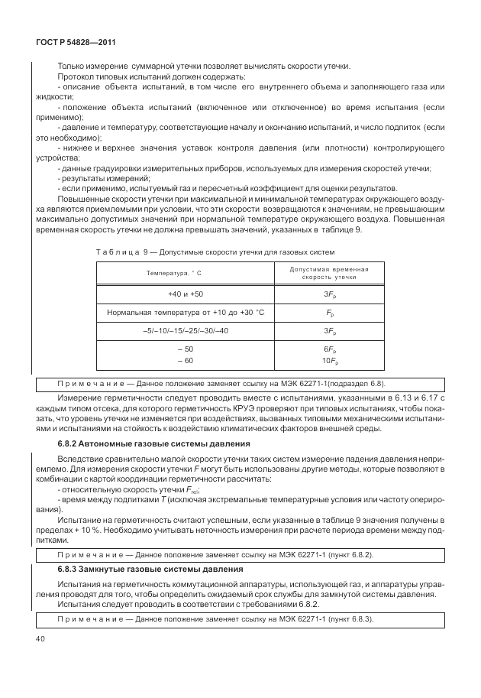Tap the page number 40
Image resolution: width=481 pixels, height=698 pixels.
pos(37,638)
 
